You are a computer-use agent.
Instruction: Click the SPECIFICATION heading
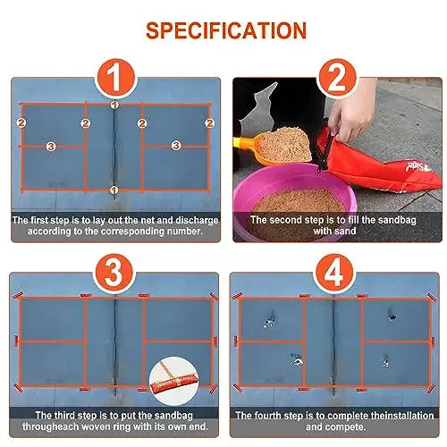coord(226,30)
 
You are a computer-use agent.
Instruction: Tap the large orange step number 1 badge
coord(116,79)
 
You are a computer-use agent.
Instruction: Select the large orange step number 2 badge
coord(337,79)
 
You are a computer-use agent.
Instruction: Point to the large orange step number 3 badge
coord(114,274)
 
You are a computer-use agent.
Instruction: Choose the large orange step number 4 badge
coord(334,274)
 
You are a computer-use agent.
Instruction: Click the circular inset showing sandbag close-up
coord(174,381)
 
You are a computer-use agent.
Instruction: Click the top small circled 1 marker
coord(114,105)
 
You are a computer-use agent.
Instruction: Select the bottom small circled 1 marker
coord(114,190)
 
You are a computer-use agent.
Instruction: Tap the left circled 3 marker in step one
coord(51,147)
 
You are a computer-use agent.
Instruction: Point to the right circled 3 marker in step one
coord(176,146)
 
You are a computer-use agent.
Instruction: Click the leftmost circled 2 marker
coord(21,122)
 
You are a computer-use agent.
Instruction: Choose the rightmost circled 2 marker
coord(210,123)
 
